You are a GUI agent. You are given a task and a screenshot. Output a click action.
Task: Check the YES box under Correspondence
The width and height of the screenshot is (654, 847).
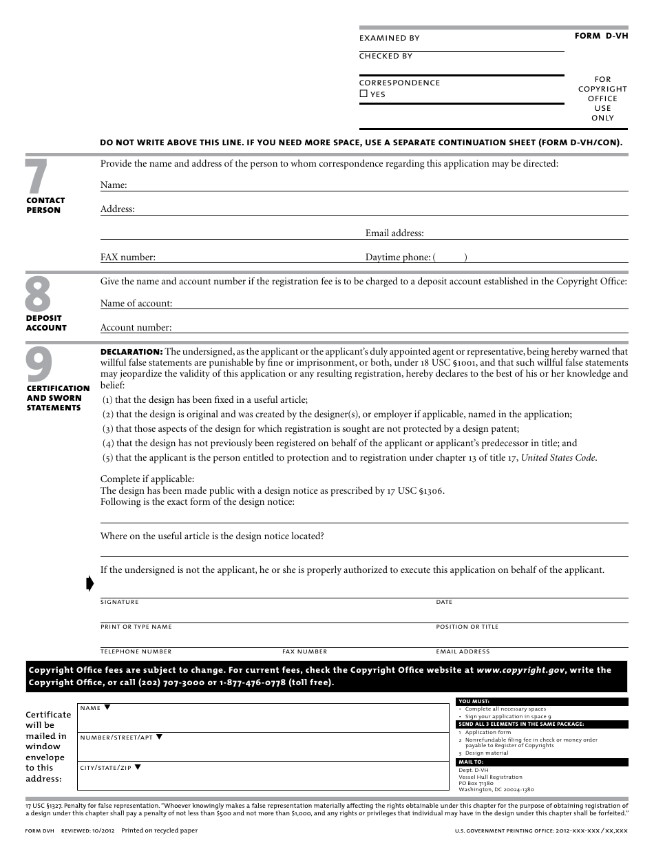click(x=363, y=94)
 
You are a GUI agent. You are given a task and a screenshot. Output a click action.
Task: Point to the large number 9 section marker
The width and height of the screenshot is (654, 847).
click(x=38, y=365)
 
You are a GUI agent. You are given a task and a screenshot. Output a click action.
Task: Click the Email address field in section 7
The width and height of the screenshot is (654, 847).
click(x=394, y=233)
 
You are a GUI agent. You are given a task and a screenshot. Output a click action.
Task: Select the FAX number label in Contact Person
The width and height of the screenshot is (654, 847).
click(x=128, y=258)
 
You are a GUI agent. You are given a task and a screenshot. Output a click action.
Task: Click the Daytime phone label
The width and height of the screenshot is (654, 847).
click(x=398, y=258)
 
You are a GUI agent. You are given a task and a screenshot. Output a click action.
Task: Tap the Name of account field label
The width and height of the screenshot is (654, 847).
click(x=136, y=304)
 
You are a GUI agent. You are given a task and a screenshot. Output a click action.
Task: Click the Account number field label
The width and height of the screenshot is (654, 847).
click(x=136, y=328)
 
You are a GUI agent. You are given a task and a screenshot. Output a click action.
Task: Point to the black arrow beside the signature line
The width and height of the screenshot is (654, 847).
click(x=89, y=585)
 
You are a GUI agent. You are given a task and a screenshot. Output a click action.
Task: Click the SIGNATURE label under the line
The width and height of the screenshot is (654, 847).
click(x=120, y=603)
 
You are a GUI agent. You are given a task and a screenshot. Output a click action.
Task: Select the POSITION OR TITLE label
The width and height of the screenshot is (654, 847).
click(x=467, y=627)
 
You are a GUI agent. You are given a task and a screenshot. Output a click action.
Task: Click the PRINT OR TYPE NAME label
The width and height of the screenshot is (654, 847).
click(x=136, y=627)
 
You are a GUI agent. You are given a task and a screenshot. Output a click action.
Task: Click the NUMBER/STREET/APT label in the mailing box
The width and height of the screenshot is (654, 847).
click(x=116, y=738)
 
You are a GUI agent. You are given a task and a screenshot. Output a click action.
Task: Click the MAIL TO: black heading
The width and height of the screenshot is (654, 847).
click(x=471, y=762)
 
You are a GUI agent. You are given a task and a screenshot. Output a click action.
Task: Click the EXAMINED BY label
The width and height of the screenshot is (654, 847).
click(x=389, y=39)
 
